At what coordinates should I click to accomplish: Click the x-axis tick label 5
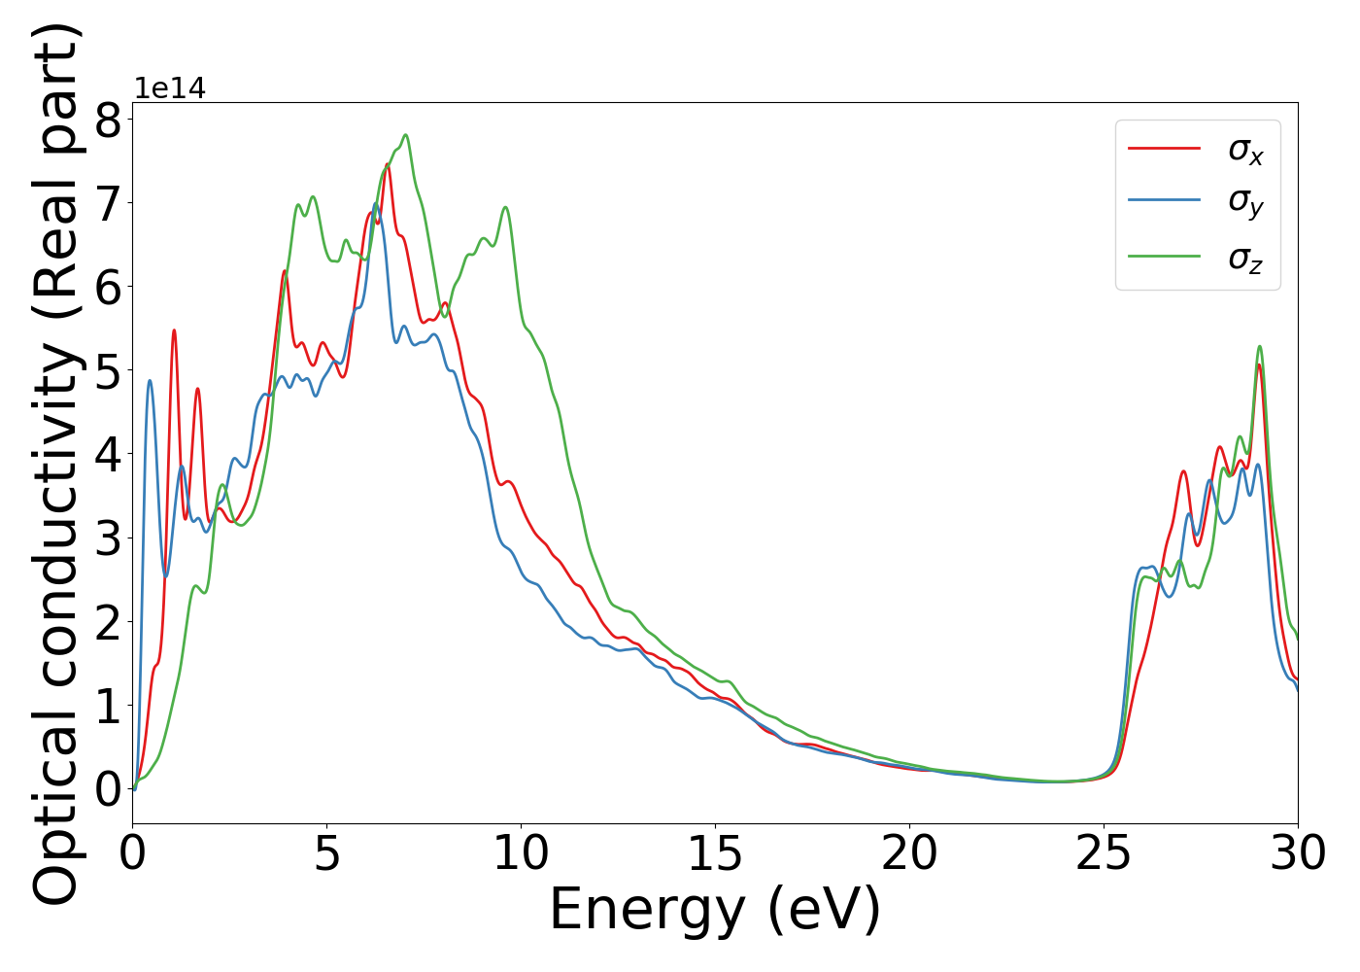(327, 854)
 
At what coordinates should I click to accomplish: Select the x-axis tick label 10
(522, 854)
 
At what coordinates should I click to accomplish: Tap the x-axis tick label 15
(716, 854)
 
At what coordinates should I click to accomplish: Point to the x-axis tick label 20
(910, 854)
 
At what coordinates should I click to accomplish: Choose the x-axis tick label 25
(1105, 854)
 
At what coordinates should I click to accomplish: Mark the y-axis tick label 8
(109, 121)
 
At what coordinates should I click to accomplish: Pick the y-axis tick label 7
(109, 204)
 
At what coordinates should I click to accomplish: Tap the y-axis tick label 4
(109, 454)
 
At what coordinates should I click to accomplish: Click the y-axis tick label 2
(109, 621)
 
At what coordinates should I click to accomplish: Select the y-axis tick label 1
(109, 705)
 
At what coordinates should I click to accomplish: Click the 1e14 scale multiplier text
(170, 89)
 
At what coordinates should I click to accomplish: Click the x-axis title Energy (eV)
(715, 911)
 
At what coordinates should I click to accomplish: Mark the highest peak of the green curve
(405, 135)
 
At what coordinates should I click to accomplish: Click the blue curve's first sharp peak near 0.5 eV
(150, 380)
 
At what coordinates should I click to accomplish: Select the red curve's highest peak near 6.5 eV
(388, 163)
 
